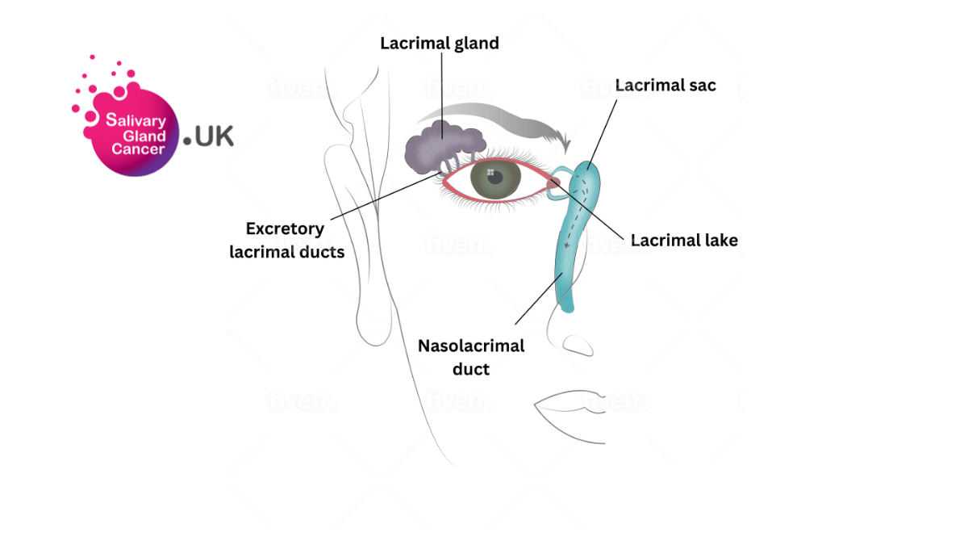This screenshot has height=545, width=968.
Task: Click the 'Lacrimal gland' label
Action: [440, 44]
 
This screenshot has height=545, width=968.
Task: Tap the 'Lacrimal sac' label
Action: [665, 85]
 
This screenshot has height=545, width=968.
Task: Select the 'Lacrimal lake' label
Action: [684, 240]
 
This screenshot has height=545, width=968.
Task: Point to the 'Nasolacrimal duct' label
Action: [471, 357]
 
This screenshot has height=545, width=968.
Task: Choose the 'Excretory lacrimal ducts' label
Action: [286, 241]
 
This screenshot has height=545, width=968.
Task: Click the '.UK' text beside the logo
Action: [209, 137]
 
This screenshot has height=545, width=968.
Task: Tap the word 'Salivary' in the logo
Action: [136, 121]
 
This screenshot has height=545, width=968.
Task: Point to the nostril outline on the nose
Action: [578, 346]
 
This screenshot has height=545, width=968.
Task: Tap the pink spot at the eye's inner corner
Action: [553, 185]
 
